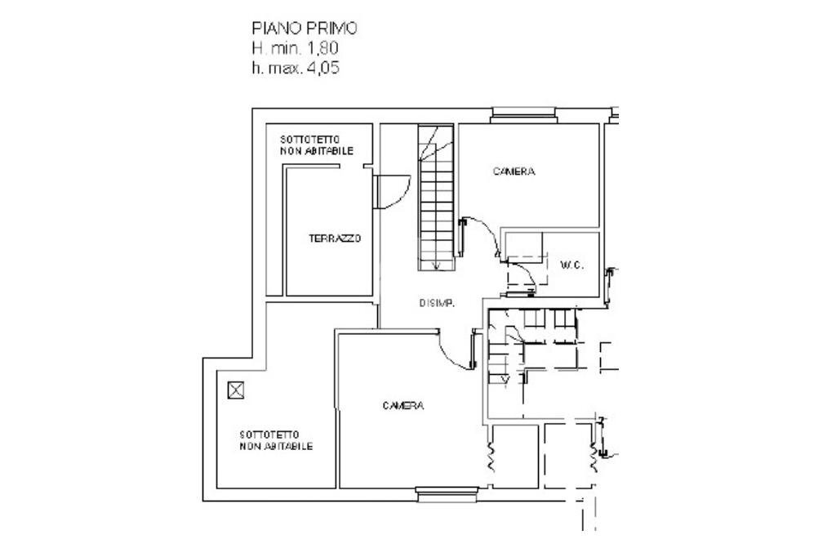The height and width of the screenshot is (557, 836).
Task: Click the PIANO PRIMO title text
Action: tap(305, 29)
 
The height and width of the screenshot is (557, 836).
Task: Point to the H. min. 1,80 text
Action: tap(295, 48)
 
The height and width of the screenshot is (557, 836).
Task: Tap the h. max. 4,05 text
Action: tap(296, 68)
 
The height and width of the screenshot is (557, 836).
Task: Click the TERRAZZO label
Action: tap(335, 238)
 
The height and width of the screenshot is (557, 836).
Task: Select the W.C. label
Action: tap(572, 265)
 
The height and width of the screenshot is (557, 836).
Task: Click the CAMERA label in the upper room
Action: tap(514, 172)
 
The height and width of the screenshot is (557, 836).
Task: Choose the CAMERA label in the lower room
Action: tap(403, 406)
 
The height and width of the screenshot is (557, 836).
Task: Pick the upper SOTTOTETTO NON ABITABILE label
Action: tap(317, 145)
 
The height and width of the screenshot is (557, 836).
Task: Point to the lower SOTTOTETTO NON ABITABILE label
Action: tap(276, 441)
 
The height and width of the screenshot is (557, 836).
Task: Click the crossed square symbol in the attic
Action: tap(236, 390)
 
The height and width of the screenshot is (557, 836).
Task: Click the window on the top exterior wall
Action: tap(523, 115)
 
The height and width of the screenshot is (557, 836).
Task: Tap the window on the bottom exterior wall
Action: tap(447, 495)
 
